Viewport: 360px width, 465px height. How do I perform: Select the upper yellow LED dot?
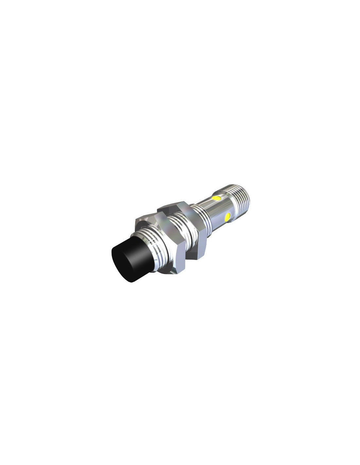(x=216, y=198)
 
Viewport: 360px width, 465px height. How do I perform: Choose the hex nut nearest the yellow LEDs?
(x=193, y=229)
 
